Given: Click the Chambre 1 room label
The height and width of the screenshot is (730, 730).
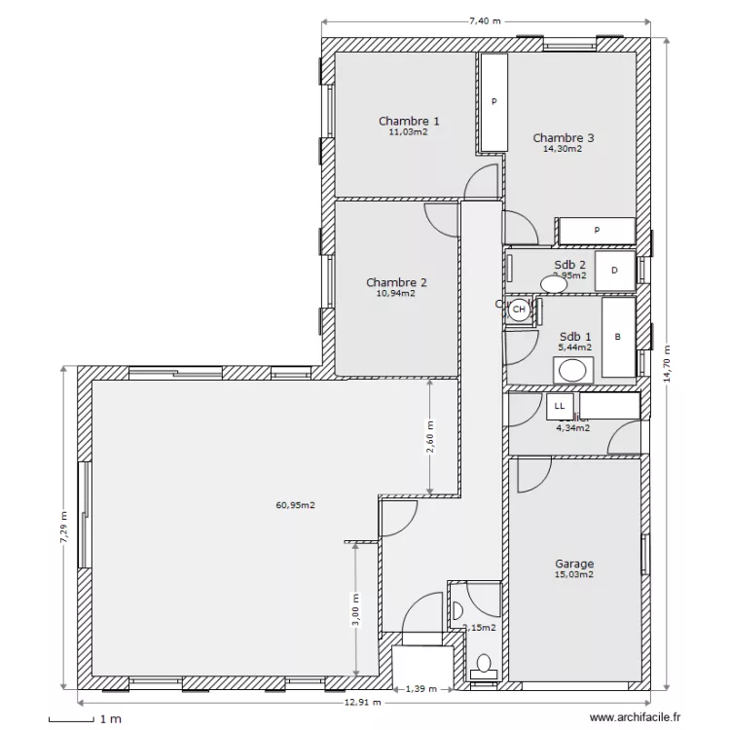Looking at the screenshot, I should (409, 121).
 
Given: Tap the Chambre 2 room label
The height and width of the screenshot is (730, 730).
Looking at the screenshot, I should (396, 282).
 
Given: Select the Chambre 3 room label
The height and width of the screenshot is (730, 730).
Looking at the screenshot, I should (564, 138).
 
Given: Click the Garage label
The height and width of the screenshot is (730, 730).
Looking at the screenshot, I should (574, 564).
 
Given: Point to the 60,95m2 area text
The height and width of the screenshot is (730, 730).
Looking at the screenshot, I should (295, 505).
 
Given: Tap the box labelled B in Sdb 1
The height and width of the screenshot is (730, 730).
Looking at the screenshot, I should (617, 338).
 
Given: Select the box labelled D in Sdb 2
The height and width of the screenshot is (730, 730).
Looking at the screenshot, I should (614, 272).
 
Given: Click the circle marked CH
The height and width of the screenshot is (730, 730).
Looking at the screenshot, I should (519, 310).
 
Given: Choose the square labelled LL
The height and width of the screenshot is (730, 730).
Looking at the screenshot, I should (559, 405).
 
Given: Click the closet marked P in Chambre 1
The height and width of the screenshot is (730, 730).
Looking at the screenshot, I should (494, 102).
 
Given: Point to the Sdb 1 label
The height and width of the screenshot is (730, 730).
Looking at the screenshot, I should (573, 336).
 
